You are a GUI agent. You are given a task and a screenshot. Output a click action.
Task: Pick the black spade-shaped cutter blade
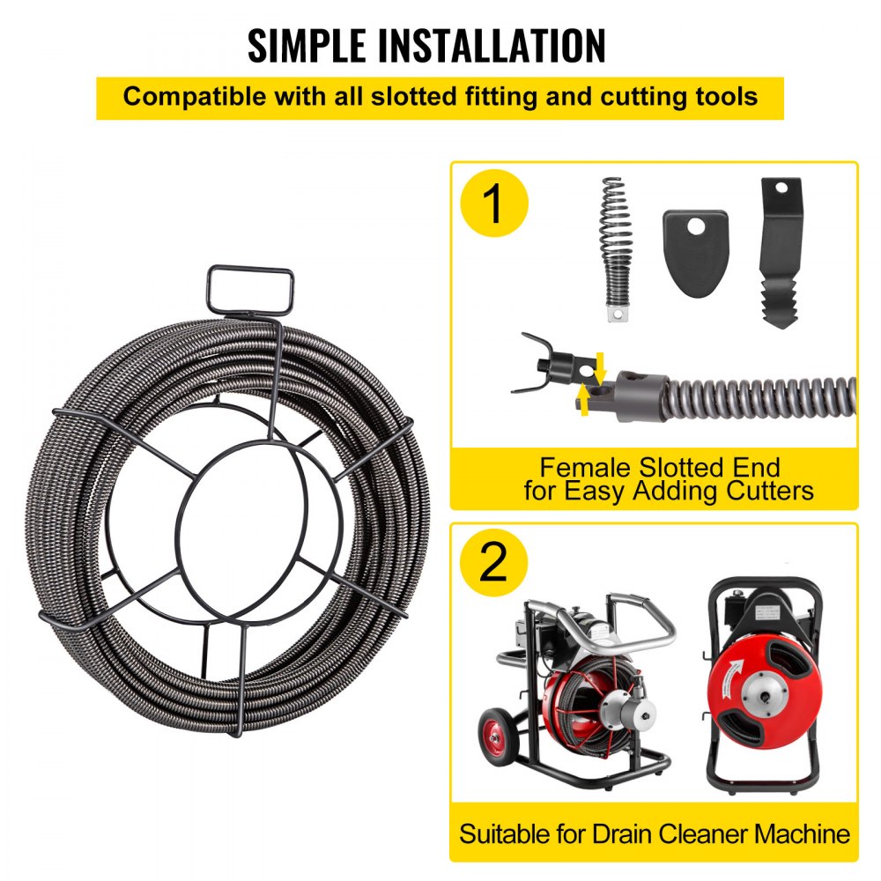695,252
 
